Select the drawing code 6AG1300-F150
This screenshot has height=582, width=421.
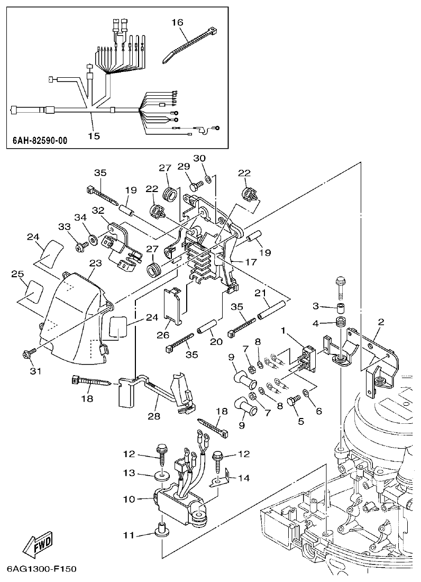[x=42, y=570]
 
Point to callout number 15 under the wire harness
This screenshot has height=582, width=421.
[x=94, y=136]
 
